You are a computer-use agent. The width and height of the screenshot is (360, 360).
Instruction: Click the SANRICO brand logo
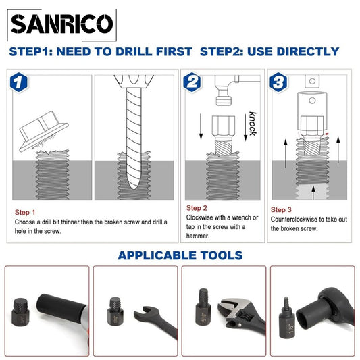tap(61, 25)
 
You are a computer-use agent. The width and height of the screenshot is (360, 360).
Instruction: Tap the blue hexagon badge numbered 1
tap(19, 82)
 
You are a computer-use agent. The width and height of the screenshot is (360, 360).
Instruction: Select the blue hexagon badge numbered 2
tap(192, 82)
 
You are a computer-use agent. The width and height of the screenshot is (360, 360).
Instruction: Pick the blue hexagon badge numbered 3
tap(278, 82)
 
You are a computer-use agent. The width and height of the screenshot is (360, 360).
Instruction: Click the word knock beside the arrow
tap(253, 124)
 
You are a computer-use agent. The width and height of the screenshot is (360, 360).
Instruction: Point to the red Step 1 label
tap(25, 212)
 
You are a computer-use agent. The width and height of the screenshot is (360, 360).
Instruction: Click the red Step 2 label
tap(197, 208)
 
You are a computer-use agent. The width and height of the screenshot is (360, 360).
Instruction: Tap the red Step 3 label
tap(281, 209)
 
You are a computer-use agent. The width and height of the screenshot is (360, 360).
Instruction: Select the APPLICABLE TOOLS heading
tap(180, 255)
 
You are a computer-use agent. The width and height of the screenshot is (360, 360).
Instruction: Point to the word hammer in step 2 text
tap(197, 236)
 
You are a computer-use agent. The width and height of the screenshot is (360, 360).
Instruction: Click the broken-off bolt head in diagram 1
tap(44, 131)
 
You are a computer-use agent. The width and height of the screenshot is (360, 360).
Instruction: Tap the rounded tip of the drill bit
tap(134, 186)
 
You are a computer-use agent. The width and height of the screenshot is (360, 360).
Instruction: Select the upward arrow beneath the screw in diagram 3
tap(313, 192)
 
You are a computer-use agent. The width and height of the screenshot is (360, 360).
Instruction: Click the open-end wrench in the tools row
tap(155, 320)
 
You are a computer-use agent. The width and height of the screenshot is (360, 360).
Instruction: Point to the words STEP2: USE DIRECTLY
tap(269, 51)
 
